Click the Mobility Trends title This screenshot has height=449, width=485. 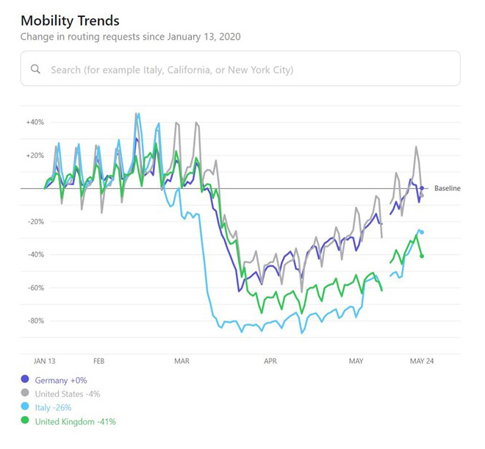click(70, 20)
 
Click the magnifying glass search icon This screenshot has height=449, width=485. click(35, 70)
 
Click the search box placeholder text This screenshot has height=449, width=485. click(171, 70)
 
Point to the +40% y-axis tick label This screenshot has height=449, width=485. click(35, 122)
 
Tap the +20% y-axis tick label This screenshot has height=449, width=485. click(35, 155)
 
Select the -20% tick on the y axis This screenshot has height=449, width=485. click(35, 221)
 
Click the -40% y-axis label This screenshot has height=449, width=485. click(35, 254)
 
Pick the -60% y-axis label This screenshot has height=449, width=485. click(35, 287)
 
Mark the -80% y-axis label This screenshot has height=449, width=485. click(35, 320)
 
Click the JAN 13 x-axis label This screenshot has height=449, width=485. click(45, 362)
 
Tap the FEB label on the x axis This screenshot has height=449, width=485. click(99, 362)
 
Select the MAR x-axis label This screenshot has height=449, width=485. click(182, 362)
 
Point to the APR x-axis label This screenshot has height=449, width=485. click(270, 362)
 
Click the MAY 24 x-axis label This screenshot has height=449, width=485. click(421, 362)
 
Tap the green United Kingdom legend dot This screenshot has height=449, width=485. click(26, 422)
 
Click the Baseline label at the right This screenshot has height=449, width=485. click(447, 189)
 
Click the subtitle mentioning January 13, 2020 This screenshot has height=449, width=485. click(130, 36)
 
